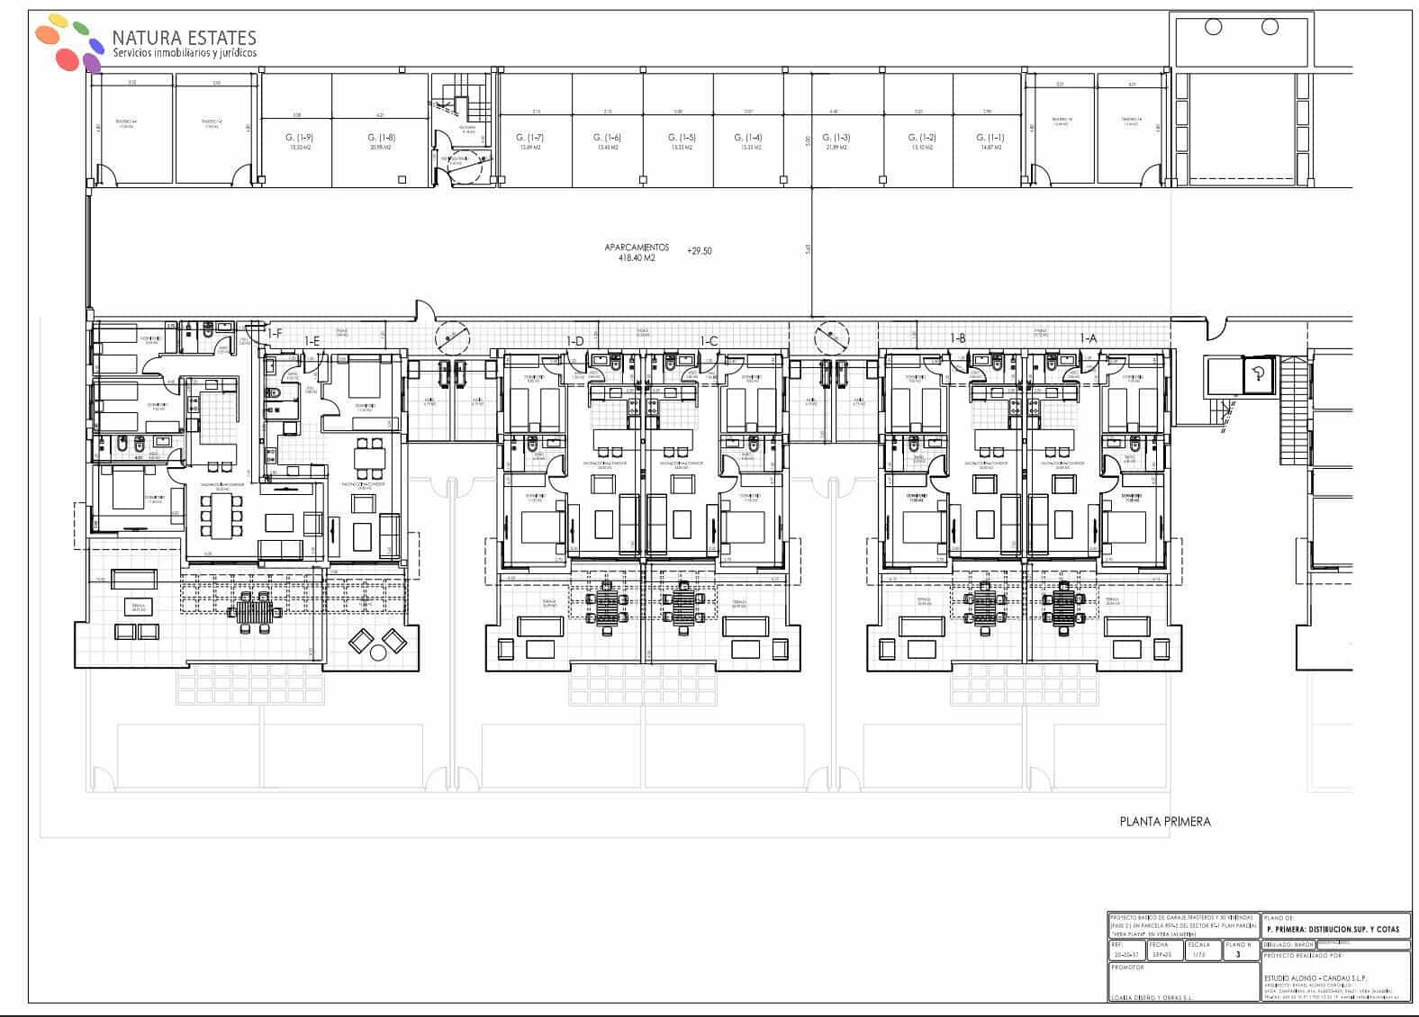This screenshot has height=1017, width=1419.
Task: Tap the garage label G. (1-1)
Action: click(990, 138)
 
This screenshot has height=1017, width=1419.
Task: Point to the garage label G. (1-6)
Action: click(606, 138)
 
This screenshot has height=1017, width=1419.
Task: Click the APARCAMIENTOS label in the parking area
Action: click(636, 247)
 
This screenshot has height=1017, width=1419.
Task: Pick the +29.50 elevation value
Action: click(699, 251)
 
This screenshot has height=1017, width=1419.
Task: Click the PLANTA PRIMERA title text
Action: click(1165, 821)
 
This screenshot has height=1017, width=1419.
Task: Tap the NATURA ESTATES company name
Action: click(184, 38)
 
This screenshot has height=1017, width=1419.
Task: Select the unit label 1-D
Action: click(574, 340)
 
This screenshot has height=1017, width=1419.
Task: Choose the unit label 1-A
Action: click(1089, 338)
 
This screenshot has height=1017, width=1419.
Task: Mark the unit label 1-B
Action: click(958, 338)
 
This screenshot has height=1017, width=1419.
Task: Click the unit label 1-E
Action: click(312, 340)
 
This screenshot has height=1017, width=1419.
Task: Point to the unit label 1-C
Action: click(709, 340)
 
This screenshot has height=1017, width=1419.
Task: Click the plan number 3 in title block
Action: click(1238, 954)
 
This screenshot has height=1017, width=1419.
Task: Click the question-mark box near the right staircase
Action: click(1259, 375)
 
